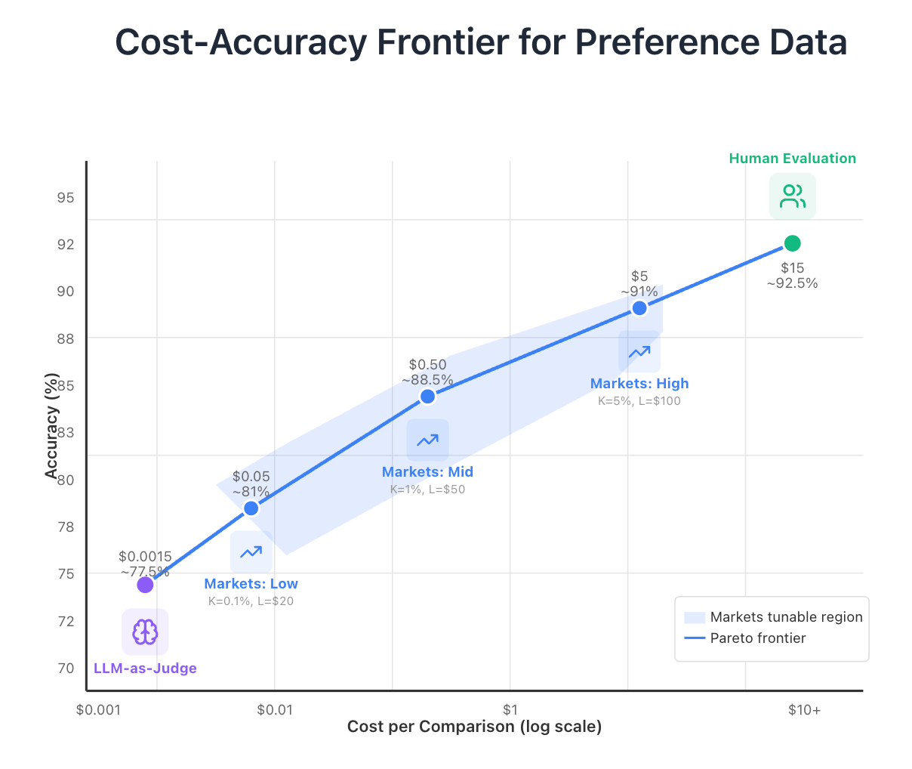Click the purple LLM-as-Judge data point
[145, 585]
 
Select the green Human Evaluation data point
[792, 243]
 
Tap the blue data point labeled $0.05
[251, 508]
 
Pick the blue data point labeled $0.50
[427, 397]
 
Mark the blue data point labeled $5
[639, 308]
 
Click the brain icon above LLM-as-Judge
[145, 632]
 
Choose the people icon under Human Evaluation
[793, 196]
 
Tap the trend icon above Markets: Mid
[427, 440]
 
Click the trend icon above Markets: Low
[251, 552]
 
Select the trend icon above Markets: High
[639, 351]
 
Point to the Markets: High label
[639, 384]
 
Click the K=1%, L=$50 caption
[427, 490]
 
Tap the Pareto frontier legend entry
[757, 638]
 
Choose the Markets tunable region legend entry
[785, 617]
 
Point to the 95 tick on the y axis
[66, 198]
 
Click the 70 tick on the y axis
[66, 668]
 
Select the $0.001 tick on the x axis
[99, 710]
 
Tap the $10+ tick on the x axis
[804, 710]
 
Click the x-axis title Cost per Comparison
[474, 727]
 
